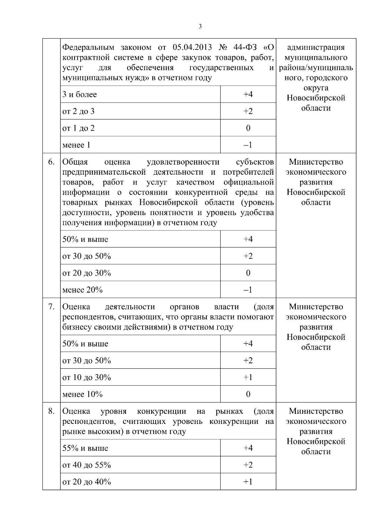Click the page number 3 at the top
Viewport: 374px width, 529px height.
(x=200, y=27)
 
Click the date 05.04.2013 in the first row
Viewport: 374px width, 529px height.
(x=192, y=48)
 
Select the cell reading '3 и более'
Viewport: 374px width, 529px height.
(x=80, y=94)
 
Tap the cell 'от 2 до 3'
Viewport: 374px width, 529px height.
(x=79, y=111)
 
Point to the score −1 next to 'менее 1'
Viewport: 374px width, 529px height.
(x=248, y=145)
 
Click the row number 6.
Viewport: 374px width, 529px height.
(x=51, y=162)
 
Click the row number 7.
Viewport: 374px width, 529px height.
(x=51, y=307)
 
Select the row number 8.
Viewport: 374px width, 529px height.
(x=51, y=411)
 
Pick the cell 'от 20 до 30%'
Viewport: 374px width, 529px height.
(x=87, y=273)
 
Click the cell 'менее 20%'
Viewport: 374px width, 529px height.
(x=83, y=290)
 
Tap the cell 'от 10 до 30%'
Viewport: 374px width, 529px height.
(x=87, y=378)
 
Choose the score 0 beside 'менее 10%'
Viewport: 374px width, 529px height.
(x=248, y=395)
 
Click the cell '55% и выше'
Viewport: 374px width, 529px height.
(x=85, y=449)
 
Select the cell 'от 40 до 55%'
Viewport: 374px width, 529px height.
(x=87, y=465)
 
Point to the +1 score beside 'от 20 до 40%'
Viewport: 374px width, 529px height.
(x=248, y=482)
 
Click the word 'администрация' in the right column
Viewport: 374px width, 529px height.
(x=316, y=48)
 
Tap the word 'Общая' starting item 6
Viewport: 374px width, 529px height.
(x=75, y=162)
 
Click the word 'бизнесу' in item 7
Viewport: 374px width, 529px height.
(x=77, y=327)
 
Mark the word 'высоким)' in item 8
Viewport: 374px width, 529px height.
(x=106, y=432)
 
